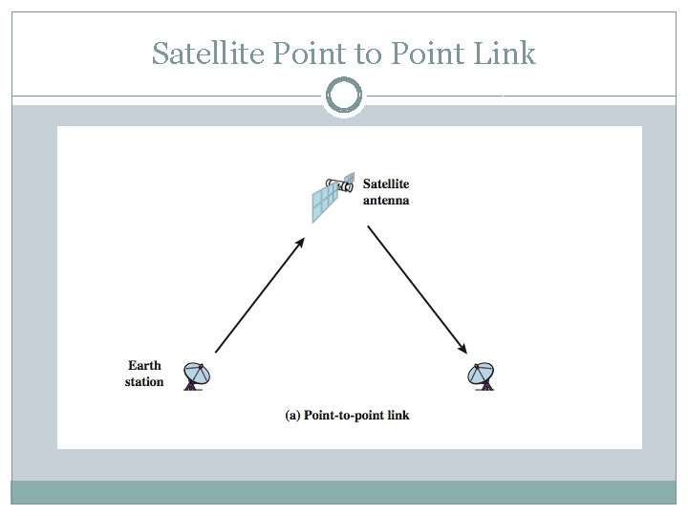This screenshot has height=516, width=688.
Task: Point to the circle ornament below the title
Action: click(344, 96)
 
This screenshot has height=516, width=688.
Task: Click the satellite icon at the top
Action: click(333, 198)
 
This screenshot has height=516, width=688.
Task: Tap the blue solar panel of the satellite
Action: click(325, 204)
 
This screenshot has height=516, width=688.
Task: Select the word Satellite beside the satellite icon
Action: click(386, 183)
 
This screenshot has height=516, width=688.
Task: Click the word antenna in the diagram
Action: click(386, 201)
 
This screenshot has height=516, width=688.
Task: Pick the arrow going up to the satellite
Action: click(260, 295)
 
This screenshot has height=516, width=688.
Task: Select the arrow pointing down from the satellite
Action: click(417, 288)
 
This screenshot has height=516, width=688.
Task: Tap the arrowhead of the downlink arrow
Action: click(464, 347)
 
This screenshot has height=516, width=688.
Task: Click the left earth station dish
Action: click(197, 376)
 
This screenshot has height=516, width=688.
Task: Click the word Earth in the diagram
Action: click(144, 365)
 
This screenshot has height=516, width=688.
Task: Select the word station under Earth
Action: click(144, 382)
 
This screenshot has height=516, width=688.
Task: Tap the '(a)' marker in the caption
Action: click(292, 416)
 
